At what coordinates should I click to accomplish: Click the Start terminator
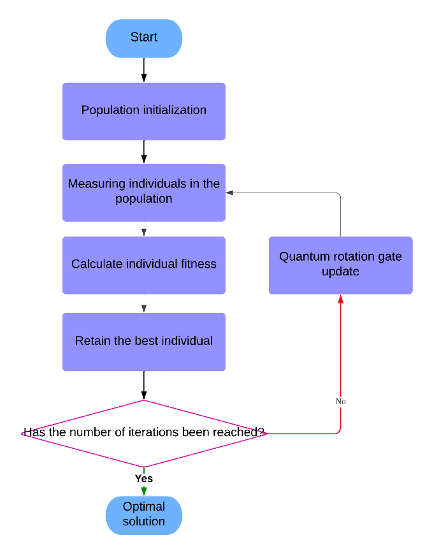pyautogui.click(x=144, y=38)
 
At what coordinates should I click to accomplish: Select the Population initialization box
pyautogui.click(x=144, y=111)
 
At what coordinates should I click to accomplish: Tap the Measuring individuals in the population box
pyautogui.click(x=144, y=192)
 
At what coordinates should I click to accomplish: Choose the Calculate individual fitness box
pyautogui.click(x=144, y=265)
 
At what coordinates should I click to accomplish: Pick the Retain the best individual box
pyautogui.click(x=144, y=341)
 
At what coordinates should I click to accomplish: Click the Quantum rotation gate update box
pyautogui.click(x=340, y=265)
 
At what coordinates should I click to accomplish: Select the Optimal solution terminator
pyautogui.click(x=144, y=514)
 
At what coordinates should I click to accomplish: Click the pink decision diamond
pyautogui.click(x=144, y=434)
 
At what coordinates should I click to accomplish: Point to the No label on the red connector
pyautogui.click(x=341, y=402)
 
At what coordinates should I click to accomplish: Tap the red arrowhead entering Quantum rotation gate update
pyautogui.click(x=341, y=299)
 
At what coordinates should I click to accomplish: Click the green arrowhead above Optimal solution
pyautogui.click(x=144, y=491)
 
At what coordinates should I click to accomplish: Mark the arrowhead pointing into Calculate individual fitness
pyautogui.click(x=144, y=232)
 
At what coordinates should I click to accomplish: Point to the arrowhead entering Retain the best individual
pyautogui.click(x=144, y=309)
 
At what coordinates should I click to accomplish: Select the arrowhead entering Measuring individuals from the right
pyautogui.click(x=230, y=192)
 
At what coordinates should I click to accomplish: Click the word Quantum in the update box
pyautogui.click(x=302, y=257)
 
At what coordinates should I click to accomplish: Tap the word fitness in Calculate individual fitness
pyautogui.click(x=201, y=264)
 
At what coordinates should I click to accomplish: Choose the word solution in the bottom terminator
pyautogui.click(x=144, y=521)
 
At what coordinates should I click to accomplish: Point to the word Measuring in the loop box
pyautogui.click(x=97, y=184)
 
